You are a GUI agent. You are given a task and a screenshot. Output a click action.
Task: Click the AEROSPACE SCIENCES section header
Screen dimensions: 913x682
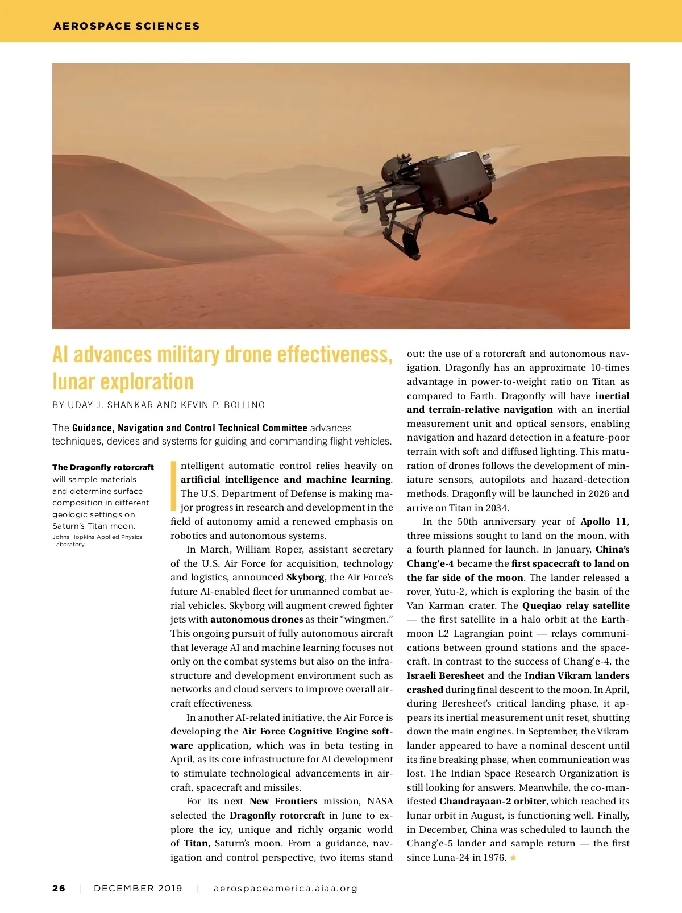click(126, 26)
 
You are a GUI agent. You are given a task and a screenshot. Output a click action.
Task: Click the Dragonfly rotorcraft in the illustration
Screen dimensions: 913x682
click(432, 188)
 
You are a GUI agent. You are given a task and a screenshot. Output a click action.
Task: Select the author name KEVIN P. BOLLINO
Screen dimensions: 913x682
click(223, 405)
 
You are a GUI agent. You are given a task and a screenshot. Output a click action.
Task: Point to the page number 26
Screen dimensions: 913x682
click(59, 889)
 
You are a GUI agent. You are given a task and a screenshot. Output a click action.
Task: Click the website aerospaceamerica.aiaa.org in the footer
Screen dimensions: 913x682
click(285, 889)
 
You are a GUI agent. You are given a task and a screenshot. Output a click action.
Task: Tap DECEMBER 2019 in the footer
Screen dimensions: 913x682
click(138, 889)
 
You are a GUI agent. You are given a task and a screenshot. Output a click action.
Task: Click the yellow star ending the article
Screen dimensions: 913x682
click(513, 858)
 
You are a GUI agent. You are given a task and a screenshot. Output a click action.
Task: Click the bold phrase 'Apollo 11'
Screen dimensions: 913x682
click(604, 522)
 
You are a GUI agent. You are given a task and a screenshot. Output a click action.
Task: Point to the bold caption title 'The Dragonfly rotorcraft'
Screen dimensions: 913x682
click(103, 467)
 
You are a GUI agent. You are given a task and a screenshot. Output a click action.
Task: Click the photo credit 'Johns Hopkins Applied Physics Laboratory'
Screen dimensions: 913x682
click(97, 541)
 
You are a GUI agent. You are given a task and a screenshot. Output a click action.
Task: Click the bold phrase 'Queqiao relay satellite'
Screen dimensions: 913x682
click(576, 606)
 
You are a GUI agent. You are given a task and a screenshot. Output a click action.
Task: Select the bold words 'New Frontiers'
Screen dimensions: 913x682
click(283, 802)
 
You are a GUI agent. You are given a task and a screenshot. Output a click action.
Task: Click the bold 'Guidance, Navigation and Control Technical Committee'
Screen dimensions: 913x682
click(189, 428)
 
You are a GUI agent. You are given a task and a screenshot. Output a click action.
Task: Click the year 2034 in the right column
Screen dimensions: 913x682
click(497, 508)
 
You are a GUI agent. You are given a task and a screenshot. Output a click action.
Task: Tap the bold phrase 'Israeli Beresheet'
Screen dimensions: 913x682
click(446, 676)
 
